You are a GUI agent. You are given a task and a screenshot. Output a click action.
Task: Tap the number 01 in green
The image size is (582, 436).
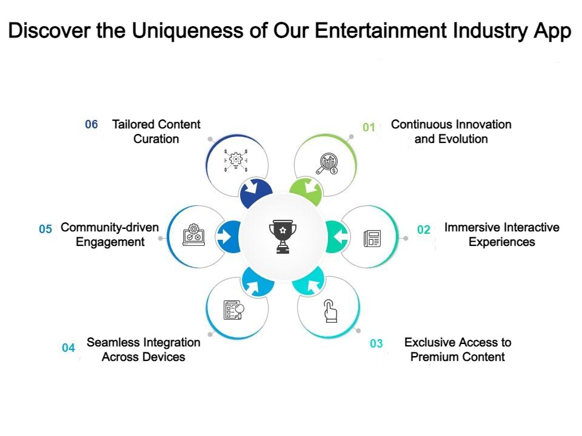(369, 127)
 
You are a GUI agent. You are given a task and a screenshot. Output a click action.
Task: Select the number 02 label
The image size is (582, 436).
(424, 230)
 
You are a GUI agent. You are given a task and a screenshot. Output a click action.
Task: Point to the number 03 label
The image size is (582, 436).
(376, 344)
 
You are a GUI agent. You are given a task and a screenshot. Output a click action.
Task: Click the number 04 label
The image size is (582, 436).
(69, 348)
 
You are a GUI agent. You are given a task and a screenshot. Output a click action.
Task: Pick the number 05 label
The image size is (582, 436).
(45, 230)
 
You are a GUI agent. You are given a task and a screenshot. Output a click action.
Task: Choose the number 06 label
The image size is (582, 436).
(92, 125)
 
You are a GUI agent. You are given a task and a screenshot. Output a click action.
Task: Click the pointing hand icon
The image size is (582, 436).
(329, 311)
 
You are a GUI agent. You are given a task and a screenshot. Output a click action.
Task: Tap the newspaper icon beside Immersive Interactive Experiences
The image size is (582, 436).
(372, 238)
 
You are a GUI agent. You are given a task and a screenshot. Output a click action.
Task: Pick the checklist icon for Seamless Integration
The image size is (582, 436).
(234, 310)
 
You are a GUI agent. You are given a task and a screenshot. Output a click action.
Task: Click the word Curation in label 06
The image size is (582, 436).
(156, 139)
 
